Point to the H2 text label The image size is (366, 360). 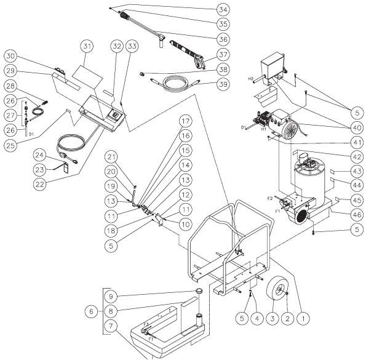point(251,78)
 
